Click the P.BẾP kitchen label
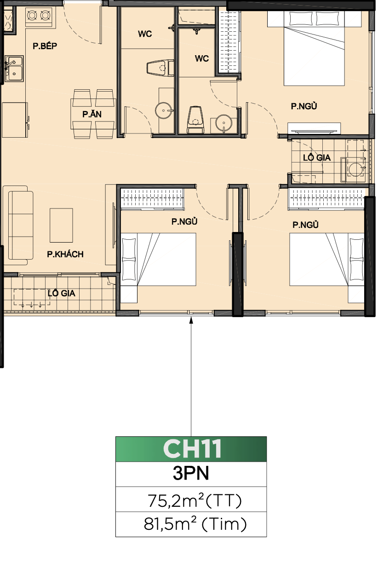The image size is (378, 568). [x=45, y=46]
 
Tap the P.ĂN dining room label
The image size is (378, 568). [x=92, y=114]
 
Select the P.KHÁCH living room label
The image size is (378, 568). [x=65, y=254]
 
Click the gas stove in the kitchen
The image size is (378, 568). [x=39, y=16]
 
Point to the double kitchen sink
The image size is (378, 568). [x=14, y=69]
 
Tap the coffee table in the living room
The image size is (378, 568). [x=61, y=226]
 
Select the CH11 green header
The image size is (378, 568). [x=191, y=449]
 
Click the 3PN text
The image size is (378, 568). [x=191, y=474]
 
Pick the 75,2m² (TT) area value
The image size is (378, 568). [x=195, y=501]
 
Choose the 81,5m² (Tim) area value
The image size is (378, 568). [x=195, y=524]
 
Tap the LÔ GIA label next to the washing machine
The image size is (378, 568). [x=317, y=157]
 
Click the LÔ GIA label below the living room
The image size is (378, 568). [x=61, y=293]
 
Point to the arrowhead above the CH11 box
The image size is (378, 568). [x=191, y=320]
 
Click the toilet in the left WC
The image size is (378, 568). [x=160, y=68]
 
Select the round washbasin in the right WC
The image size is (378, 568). [x=223, y=123]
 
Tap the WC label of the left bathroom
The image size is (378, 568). [x=145, y=34]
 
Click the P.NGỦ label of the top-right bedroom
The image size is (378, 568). [x=304, y=106]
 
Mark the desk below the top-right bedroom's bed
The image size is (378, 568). [x=314, y=128]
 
